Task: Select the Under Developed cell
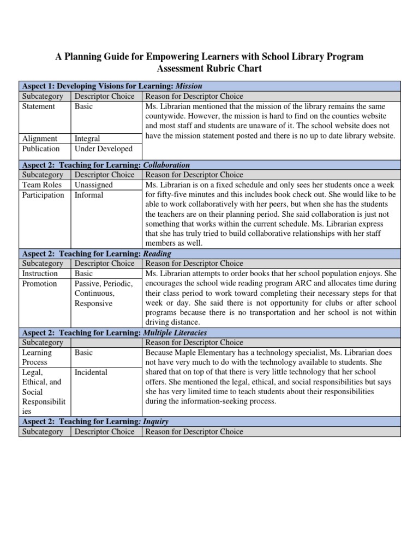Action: (104, 148)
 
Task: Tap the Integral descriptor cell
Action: (87, 139)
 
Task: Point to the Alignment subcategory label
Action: (40, 139)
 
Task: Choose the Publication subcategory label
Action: (41, 148)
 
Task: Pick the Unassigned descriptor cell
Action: (94, 185)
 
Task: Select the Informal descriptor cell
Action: (89, 195)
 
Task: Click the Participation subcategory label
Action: (43, 195)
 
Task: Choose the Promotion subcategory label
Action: (39, 283)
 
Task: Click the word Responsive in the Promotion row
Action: (94, 304)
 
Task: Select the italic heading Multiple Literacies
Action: (175, 332)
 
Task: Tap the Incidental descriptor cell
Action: (91, 372)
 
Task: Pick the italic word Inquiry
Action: (155, 421)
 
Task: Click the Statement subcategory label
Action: (39, 106)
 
